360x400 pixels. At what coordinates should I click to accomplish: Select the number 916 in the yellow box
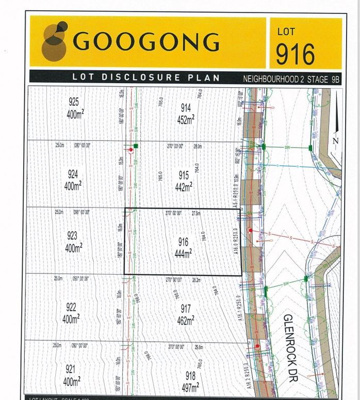coord(295,53)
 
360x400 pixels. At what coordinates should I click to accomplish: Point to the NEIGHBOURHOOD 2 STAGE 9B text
coord(292,79)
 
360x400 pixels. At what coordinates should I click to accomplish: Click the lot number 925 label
coord(73,102)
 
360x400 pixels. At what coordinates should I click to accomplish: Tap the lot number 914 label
coord(186,108)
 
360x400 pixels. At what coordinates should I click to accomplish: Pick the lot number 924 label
coord(73,174)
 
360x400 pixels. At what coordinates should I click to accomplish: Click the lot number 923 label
coord(72,236)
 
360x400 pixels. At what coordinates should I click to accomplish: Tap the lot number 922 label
coord(71,307)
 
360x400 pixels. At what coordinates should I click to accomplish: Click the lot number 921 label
coord(71,369)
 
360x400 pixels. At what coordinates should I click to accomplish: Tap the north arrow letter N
coord(335,140)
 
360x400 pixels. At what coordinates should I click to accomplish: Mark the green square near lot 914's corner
coord(136,146)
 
